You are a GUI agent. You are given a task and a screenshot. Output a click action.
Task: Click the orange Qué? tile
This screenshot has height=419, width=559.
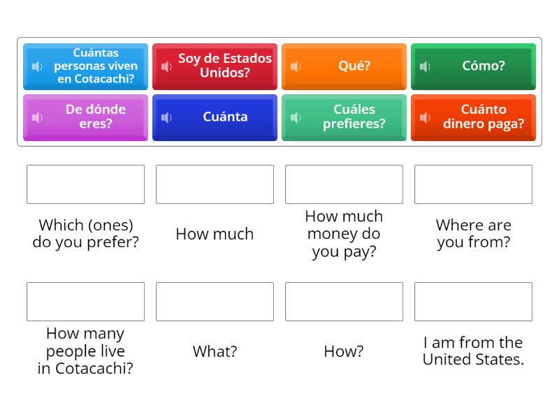(344, 66)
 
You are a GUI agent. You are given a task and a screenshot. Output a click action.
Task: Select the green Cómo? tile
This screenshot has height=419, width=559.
(473, 66)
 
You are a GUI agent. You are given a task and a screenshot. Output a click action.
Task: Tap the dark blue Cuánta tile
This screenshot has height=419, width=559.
(215, 117)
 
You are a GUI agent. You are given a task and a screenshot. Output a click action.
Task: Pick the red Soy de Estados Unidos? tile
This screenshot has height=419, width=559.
(215, 66)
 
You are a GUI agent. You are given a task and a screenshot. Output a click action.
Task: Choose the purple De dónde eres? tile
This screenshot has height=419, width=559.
(85, 117)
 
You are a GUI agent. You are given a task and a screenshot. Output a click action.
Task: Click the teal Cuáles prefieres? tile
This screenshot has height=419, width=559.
(344, 117)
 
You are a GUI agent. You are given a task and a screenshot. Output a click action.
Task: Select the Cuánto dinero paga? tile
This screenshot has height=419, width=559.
(473, 117)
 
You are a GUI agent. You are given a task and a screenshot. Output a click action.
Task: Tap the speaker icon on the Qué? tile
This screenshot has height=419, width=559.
(296, 66)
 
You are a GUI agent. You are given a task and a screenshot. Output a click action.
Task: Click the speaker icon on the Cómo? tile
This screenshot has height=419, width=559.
(425, 66)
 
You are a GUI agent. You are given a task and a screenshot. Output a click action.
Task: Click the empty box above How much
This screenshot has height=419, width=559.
(215, 184)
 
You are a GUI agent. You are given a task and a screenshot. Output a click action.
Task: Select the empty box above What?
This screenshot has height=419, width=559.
(215, 302)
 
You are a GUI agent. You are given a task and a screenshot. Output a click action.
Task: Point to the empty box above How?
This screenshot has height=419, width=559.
(344, 302)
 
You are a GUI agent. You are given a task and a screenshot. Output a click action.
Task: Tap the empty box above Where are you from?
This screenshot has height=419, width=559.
(473, 184)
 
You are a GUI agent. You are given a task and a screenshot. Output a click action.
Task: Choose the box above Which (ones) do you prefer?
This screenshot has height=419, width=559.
(85, 184)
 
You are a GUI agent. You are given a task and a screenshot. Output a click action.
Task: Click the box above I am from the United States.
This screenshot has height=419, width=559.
(473, 302)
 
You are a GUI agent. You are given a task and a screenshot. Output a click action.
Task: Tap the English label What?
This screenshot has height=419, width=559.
(215, 351)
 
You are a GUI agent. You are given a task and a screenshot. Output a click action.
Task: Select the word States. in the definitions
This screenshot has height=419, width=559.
(498, 360)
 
